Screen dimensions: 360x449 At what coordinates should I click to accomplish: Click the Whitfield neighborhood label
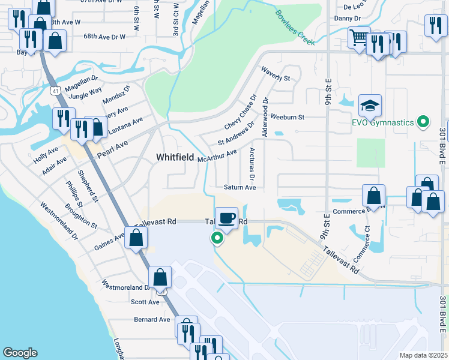click(175, 157)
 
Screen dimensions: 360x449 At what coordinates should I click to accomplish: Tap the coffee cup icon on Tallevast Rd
click(226, 218)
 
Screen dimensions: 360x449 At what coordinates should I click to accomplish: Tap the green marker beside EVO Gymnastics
click(423, 123)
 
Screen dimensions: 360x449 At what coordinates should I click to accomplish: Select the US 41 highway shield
click(56, 90)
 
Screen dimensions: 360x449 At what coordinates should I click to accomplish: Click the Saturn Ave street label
click(240, 188)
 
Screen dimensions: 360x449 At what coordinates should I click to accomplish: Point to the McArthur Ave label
click(217, 155)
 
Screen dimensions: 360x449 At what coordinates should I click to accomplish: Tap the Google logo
click(20, 353)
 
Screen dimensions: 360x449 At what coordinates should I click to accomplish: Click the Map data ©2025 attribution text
click(423, 355)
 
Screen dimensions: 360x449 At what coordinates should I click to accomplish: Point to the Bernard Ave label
click(152, 319)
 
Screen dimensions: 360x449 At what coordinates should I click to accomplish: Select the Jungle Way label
click(85, 94)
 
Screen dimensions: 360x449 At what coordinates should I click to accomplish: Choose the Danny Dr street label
click(348, 19)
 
